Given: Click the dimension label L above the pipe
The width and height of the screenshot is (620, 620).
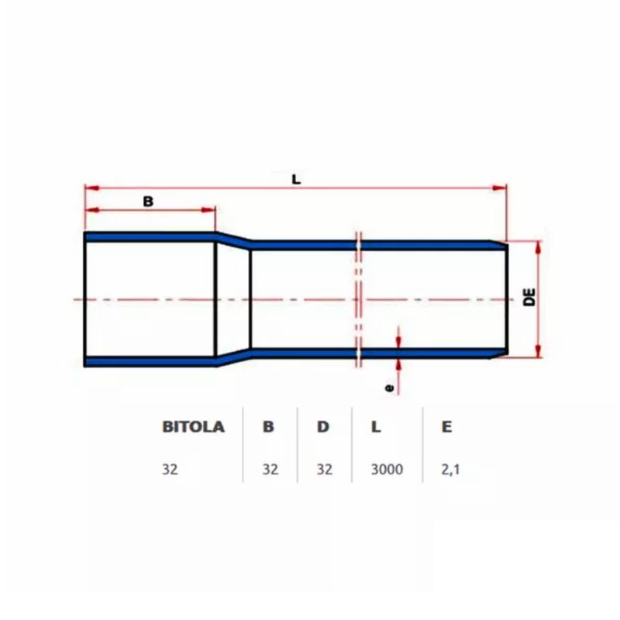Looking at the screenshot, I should (296, 178).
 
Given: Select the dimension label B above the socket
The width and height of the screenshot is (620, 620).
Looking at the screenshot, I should (149, 201).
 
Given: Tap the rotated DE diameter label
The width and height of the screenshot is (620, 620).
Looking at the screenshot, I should (530, 299).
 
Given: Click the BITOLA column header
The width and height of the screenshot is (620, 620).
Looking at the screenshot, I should (193, 427).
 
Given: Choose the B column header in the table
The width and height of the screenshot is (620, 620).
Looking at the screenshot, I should (268, 427).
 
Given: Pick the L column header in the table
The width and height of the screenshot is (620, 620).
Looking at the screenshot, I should (375, 427).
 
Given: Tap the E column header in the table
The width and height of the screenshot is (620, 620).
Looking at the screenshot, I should (447, 427).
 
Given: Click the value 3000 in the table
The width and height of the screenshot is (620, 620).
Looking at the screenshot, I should (387, 469).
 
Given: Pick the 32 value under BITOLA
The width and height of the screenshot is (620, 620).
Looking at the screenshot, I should (170, 469).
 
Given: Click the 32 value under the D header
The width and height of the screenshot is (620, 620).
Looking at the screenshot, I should (324, 469).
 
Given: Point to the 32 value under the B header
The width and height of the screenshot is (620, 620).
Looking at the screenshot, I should (269, 469).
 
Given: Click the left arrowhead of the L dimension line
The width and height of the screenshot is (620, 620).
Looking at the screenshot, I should (89, 188).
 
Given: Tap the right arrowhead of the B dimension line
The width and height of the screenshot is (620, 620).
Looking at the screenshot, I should (210, 209).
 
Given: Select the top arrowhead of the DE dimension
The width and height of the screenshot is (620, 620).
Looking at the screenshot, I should (538, 245).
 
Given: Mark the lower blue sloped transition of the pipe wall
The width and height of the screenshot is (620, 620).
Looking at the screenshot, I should (232, 357).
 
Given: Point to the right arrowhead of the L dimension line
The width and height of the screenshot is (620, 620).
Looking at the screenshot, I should (501, 188).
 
